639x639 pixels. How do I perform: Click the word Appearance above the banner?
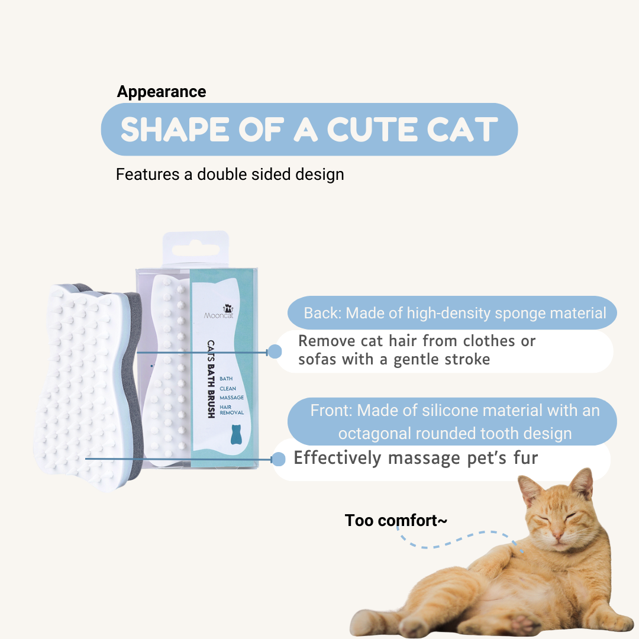coord(162,92)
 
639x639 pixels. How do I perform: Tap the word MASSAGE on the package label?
coord(231,398)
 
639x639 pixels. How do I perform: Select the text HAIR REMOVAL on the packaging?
coord(231,409)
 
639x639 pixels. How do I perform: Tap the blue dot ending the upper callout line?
coord(275,351)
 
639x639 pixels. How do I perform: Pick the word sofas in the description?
coord(317,359)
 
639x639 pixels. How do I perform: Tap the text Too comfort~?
coord(396,521)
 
